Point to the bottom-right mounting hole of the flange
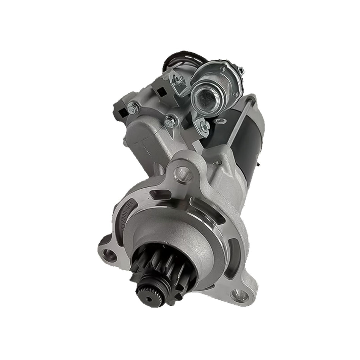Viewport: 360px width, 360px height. point(237,294)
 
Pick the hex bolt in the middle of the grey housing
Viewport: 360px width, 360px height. point(171,121)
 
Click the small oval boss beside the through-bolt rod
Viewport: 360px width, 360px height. point(219,122)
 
